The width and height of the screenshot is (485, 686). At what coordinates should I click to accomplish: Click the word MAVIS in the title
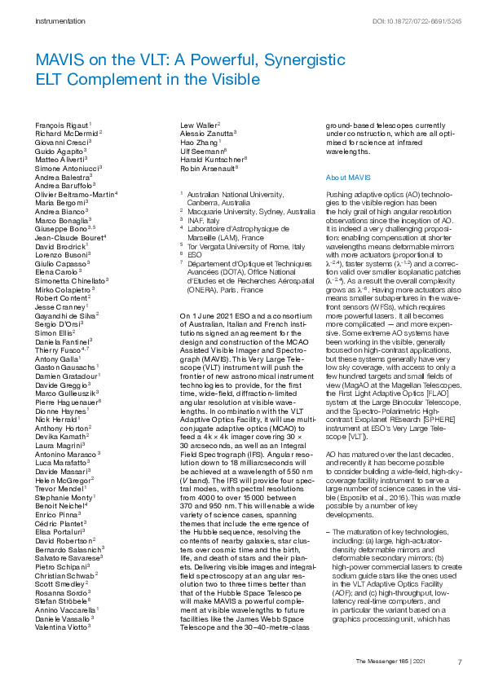pos(58,61)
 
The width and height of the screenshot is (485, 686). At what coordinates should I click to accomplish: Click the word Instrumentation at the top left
pos(60,19)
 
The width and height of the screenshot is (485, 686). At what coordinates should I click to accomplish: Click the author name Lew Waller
pos(198,124)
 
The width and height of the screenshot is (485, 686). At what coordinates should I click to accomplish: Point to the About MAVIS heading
pos(349,177)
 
